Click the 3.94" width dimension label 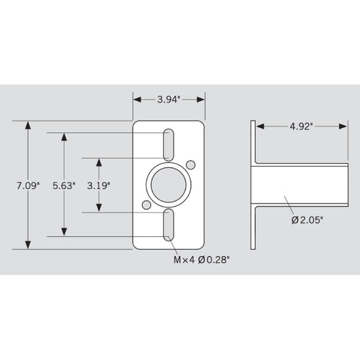(169, 100)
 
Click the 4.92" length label (301, 127)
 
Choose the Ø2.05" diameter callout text (307, 220)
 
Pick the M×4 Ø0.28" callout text (202, 259)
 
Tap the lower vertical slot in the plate (169, 225)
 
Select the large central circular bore (169, 186)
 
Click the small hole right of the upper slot (191, 166)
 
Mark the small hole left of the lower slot (146, 205)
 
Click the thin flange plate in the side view (253, 185)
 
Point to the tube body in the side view (302, 185)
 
